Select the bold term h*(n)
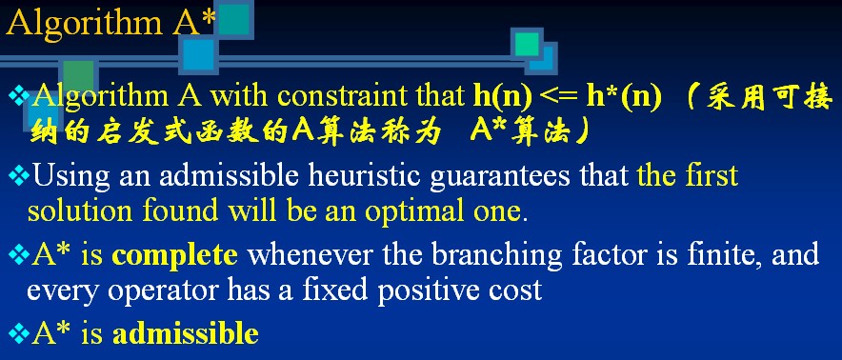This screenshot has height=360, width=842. (x=624, y=97)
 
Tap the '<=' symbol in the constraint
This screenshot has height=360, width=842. (x=559, y=98)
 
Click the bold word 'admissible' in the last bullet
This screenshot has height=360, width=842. (x=186, y=333)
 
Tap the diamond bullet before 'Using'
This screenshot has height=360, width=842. (x=19, y=177)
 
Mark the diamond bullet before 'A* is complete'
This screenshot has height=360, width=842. (x=19, y=255)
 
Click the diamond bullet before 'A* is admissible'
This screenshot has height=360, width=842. (x=19, y=333)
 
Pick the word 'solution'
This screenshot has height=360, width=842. (x=80, y=212)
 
